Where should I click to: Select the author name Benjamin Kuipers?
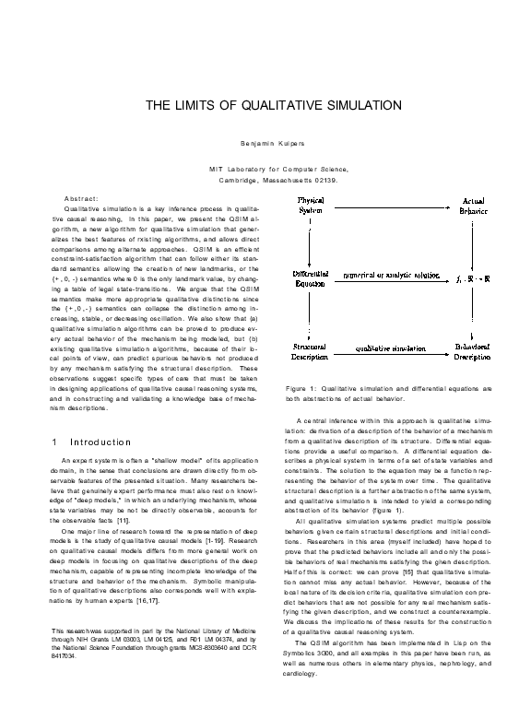[265, 147]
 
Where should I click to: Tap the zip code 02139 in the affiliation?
[324, 180]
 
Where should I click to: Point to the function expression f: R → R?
[474, 277]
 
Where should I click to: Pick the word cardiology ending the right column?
[303, 647]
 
